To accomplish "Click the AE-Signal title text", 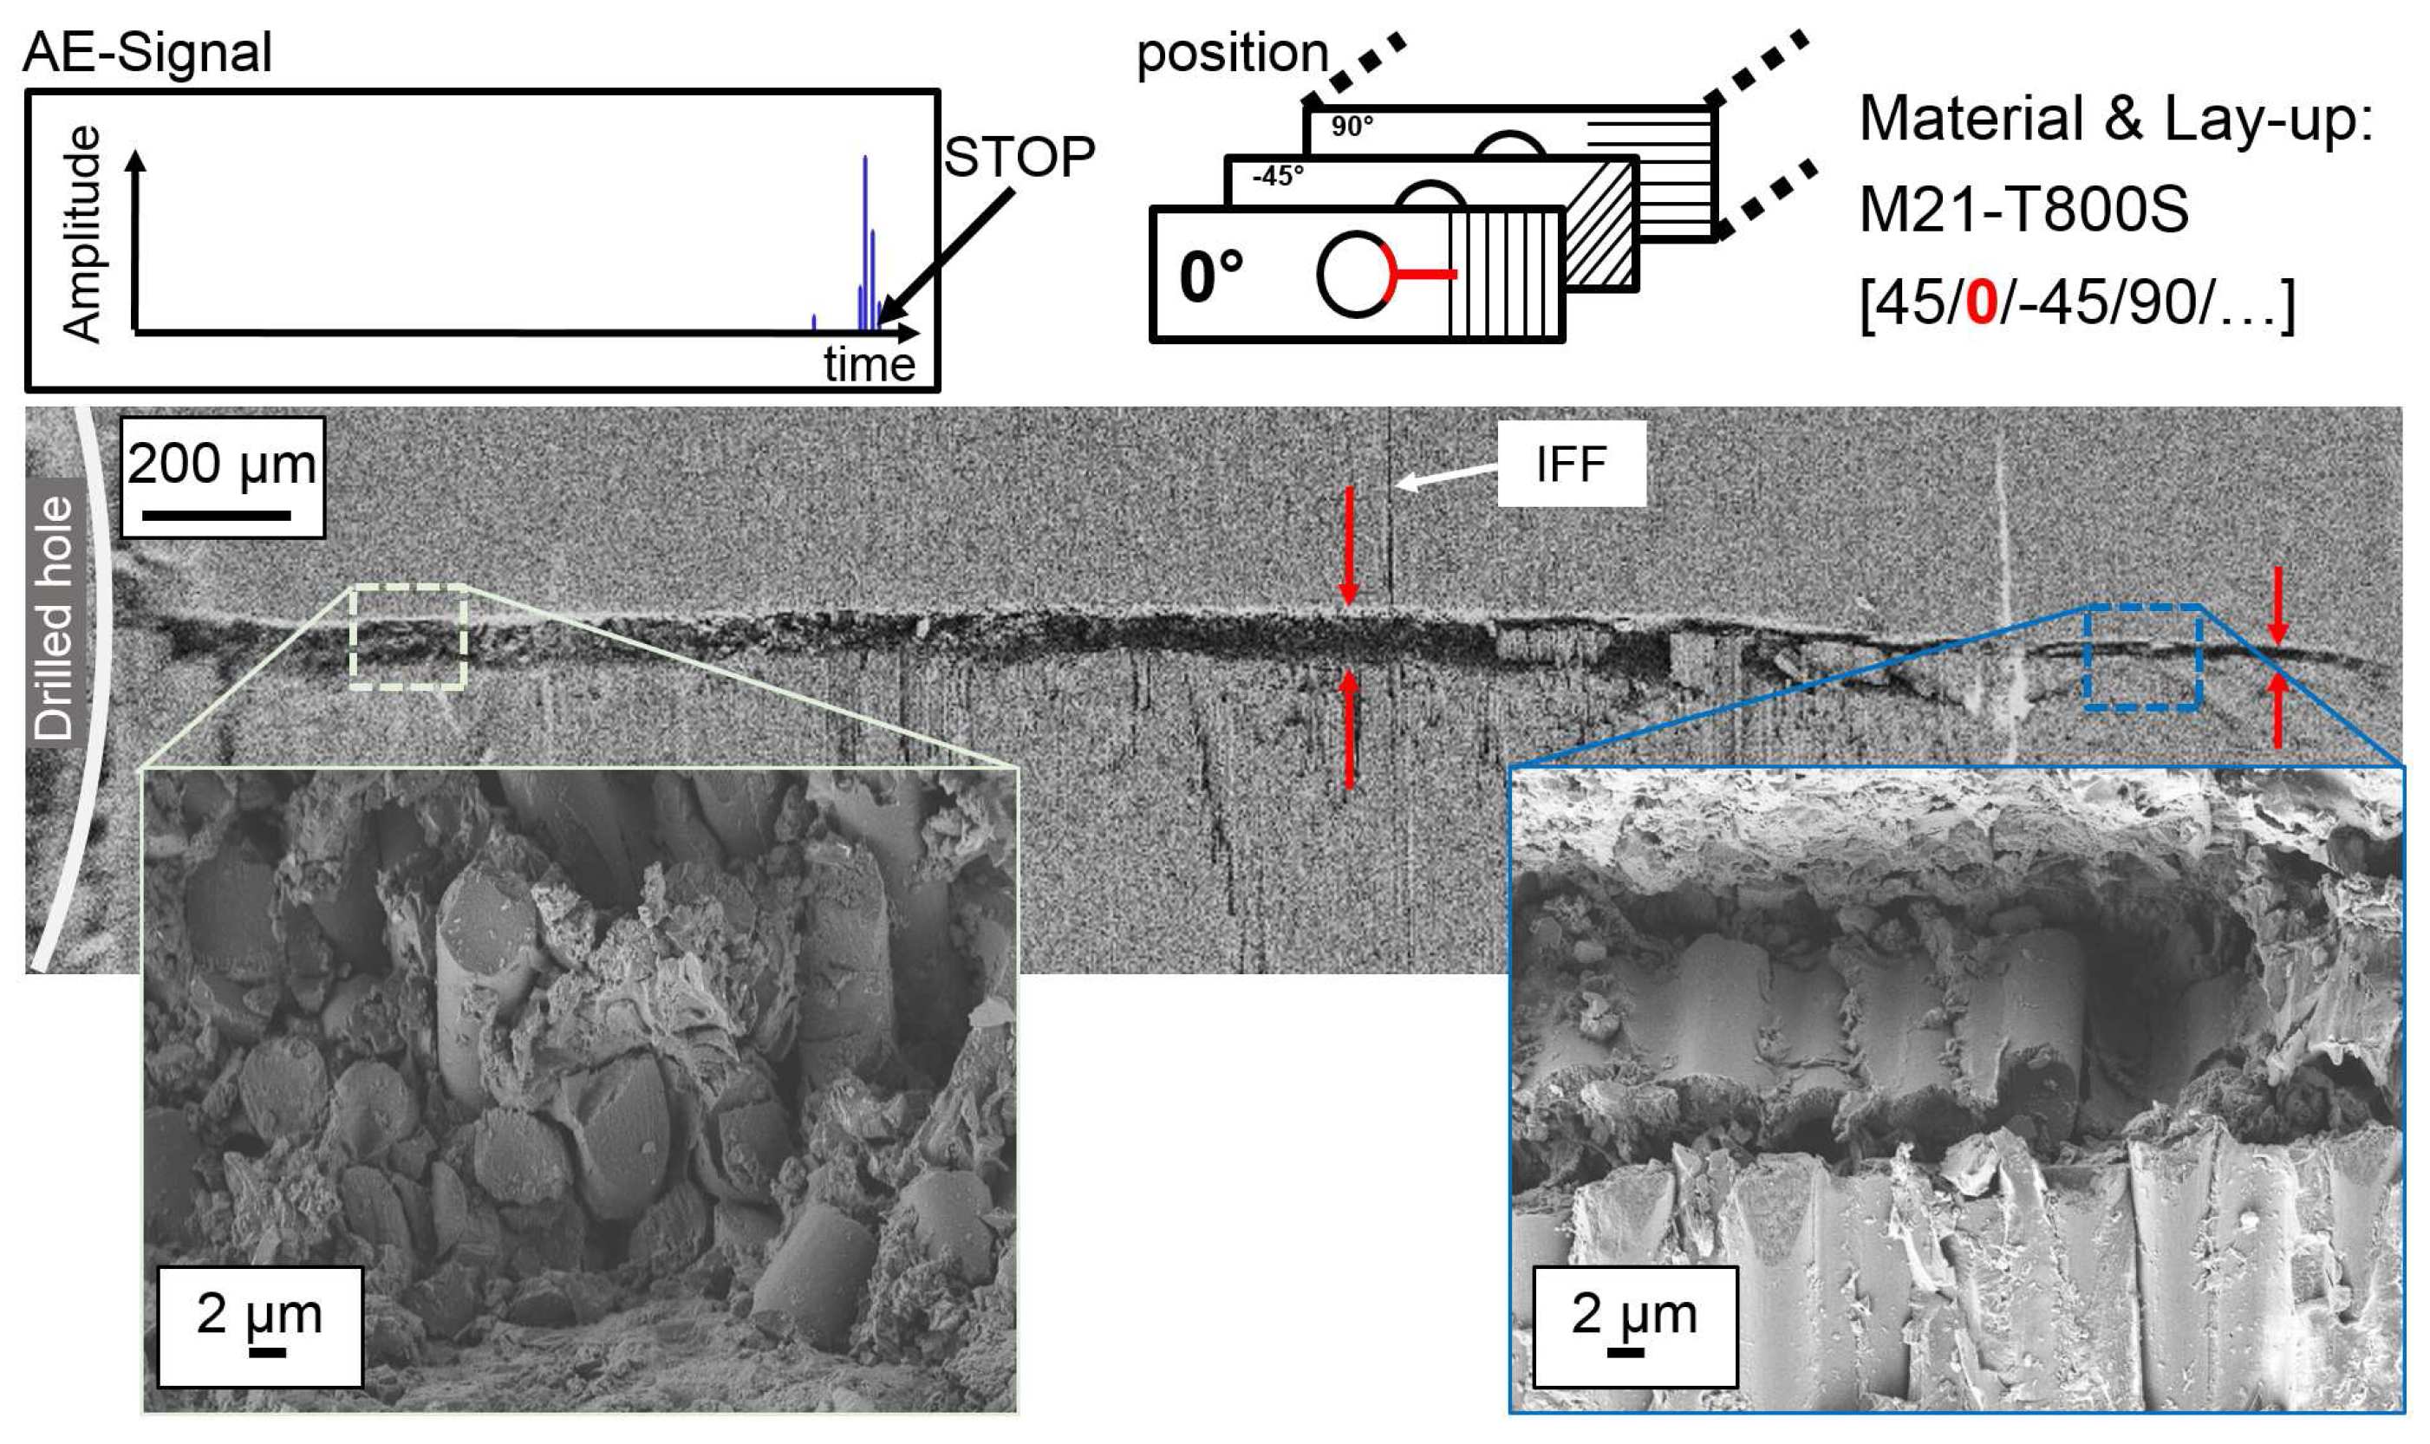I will pos(147,53).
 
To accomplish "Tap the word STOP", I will pos(1018,157).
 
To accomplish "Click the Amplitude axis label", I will pos(81,233).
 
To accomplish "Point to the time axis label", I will pos(869,365).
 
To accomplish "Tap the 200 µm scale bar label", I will pos(222,465).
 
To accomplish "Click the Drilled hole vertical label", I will pos(55,618).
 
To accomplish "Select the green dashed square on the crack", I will pos(408,637).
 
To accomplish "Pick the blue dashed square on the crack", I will pos(2143,657).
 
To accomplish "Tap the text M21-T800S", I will pos(2023,210).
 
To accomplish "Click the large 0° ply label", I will pos(1210,276).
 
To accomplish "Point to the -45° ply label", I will pos(1278,176).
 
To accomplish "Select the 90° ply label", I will pos(1352,127).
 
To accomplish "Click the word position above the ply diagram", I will pos(1232,53).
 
